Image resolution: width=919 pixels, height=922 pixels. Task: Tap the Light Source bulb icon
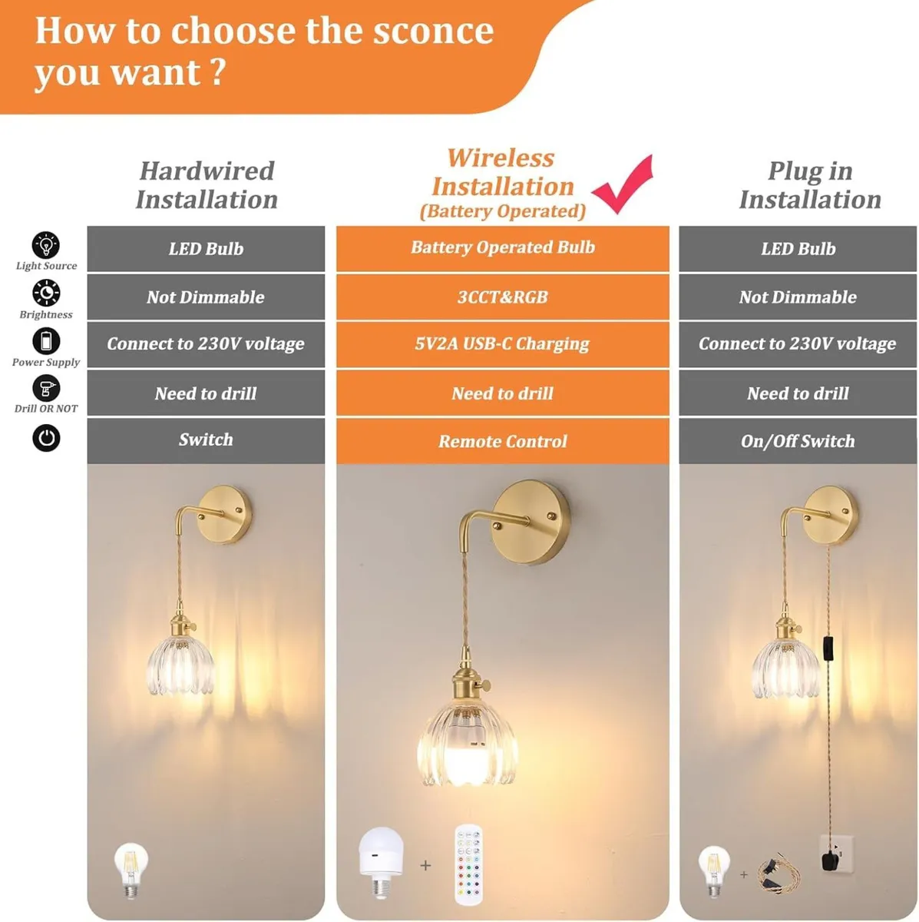46,246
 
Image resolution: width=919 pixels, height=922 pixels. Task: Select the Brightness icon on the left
46,294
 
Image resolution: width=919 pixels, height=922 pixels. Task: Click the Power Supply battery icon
46,341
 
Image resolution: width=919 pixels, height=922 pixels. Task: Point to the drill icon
46,389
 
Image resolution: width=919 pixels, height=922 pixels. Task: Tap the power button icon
46,438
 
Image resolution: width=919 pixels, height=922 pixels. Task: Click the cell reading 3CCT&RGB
502,297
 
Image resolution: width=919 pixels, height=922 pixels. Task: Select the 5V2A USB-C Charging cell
502,344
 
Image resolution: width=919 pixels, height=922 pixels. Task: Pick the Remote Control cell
502,442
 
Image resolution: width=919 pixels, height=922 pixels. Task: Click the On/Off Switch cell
798,441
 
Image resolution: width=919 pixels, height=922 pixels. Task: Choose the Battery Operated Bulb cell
502,247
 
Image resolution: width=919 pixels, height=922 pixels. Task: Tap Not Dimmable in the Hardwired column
206,297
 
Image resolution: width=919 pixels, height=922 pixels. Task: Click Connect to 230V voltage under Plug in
798,344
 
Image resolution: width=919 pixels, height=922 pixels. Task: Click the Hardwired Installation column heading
206,185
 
